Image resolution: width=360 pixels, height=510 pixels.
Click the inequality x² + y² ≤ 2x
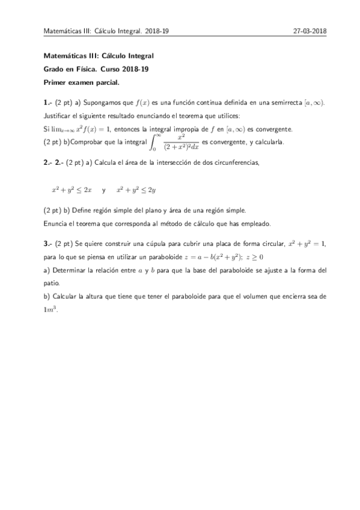(x=72, y=190)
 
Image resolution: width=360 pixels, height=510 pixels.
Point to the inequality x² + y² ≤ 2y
(x=136, y=190)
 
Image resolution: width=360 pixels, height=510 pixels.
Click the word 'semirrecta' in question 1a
(x=281, y=103)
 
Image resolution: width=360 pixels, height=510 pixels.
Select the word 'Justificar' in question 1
(x=59, y=115)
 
